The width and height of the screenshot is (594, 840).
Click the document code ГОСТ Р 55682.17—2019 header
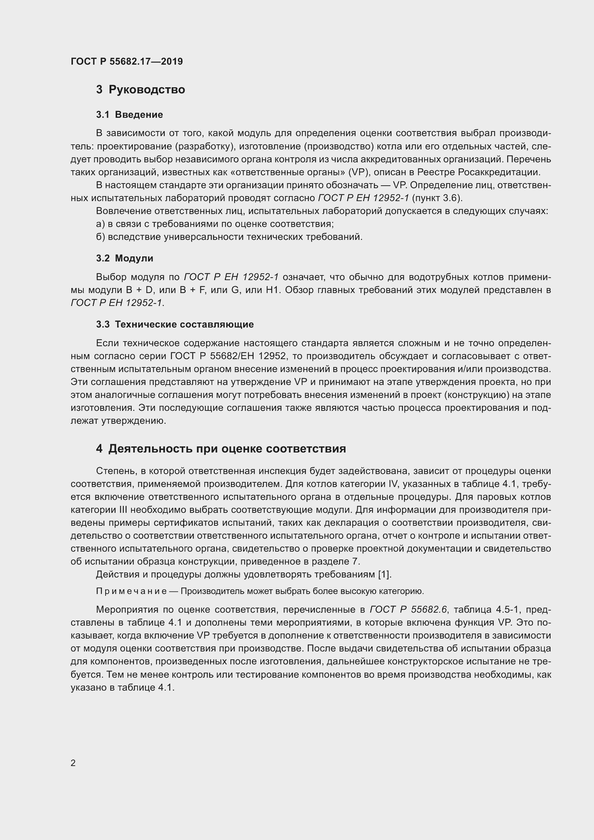[126, 61]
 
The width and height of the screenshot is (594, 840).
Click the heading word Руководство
[147, 90]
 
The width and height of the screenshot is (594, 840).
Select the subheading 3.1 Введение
[130, 115]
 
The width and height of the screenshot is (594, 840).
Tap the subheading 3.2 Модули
[125, 258]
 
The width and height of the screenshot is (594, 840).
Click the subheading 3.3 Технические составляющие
[175, 325]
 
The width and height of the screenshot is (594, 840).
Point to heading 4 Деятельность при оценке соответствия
[221, 449]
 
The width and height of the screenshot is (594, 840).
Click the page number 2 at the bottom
[73, 763]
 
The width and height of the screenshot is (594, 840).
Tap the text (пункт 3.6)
[437, 198]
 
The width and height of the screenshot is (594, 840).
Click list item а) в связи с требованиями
[215, 224]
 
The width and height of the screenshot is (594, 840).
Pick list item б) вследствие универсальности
[229, 237]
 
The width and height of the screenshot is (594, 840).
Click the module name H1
[273, 290]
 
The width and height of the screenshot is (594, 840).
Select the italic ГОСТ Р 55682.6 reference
[408, 609]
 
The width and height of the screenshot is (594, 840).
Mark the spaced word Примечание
[131, 591]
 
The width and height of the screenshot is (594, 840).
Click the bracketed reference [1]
[384, 574]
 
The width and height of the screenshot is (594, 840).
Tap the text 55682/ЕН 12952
[244, 356]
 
